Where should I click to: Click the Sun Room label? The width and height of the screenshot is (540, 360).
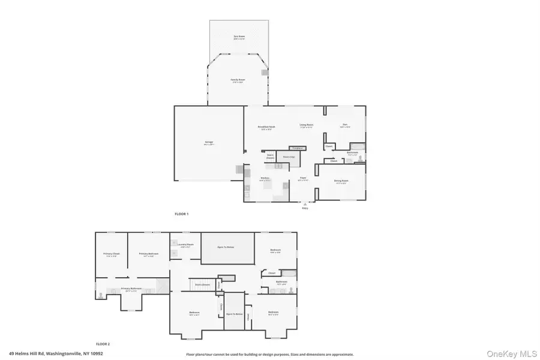tap(239, 37)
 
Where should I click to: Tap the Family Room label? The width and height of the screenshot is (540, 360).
tap(238, 80)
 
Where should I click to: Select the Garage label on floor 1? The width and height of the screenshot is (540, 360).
tap(208, 143)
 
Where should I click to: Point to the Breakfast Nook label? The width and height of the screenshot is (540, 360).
tap(266, 127)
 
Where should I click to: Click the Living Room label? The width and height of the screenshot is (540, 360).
tap(307, 125)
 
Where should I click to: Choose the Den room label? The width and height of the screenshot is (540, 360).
tap(344, 125)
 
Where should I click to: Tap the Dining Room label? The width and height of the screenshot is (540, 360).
tap(341, 182)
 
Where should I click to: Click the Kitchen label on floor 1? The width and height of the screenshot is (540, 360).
tap(265, 178)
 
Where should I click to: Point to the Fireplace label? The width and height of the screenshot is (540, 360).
tap(296, 148)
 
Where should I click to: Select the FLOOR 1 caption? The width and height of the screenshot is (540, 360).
tap(181, 214)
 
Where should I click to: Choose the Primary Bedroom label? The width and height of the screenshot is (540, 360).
tap(148, 254)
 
